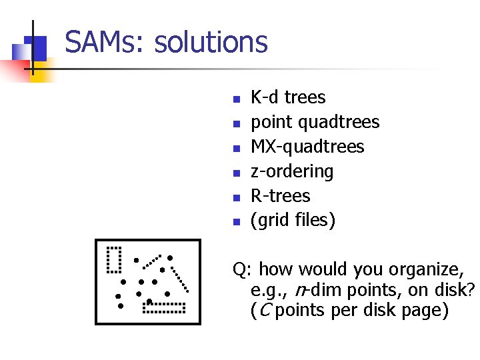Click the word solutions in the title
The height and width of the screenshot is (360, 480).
[x=211, y=43]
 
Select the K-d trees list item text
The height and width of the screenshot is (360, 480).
[x=288, y=97]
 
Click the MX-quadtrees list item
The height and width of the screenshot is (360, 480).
[x=307, y=147]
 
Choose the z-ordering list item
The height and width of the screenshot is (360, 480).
[x=291, y=172]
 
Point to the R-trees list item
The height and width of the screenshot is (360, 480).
[x=280, y=196]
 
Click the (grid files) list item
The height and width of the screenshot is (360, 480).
[x=293, y=221]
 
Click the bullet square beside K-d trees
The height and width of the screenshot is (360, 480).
[x=235, y=99]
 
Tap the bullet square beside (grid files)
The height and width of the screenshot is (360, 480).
[x=235, y=223]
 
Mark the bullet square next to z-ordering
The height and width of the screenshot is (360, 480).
[x=235, y=173]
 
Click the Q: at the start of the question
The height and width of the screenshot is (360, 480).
[x=242, y=270]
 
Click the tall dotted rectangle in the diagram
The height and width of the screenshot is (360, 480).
[x=114, y=260]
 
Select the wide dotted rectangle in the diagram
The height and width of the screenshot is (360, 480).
[x=164, y=307]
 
